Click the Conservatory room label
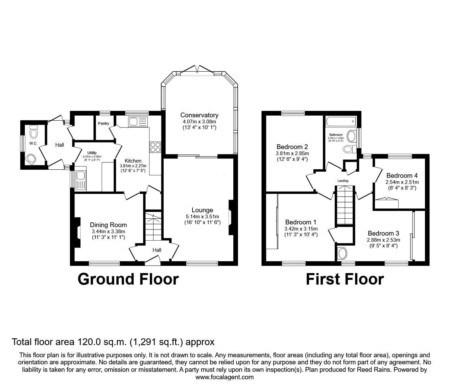[x=199, y=115]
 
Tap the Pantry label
[x=103, y=123]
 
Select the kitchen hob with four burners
[x=155, y=147]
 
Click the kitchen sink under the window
[x=138, y=122]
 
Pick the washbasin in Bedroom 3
[x=342, y=253]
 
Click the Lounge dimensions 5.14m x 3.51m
[x=202, y=217]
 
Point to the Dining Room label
[x=108, y=225]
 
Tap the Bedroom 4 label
[x=402, y=175]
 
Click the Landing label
[x=343, y=181]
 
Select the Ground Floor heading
[x=128, y=279]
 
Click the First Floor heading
[x=345, y=279]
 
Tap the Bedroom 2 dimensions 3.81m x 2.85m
[x=292, y=153]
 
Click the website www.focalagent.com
[x=224, y=377]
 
